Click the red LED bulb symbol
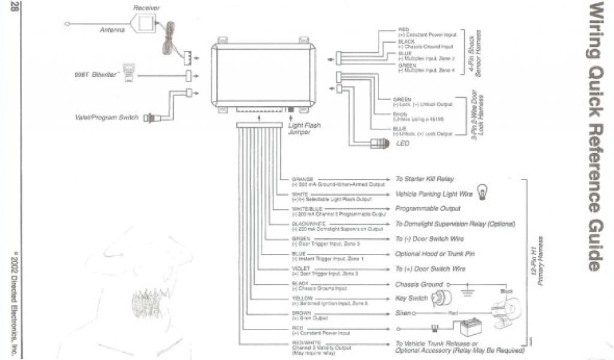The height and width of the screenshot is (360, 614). pyautogui.click(x=381, y=143)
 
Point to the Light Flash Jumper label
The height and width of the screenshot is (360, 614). pyautogui.click(x=304, y=128)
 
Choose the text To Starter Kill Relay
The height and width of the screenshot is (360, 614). pyautogui.click(x=424, y=179)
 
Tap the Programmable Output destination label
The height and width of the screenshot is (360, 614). pyautogui.click(x=428, y=209)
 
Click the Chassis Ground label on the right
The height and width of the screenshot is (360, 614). pyautogui.click(x=419, y=284)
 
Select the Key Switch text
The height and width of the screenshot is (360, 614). pyautogui.click(x=411, y=298)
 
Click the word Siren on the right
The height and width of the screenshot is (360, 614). pyautogui.click(x=402, y=313)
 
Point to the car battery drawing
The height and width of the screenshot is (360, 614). pyautogui.click(x=466, y=328)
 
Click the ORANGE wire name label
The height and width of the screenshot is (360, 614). pyautogui.click(x=302, y=179)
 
